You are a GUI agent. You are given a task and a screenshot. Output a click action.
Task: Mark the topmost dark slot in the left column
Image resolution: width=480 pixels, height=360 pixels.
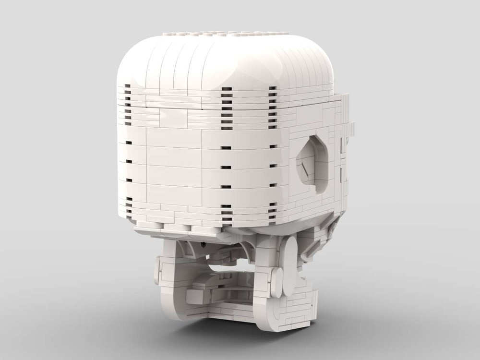pyautogui.click(x=128, y=87)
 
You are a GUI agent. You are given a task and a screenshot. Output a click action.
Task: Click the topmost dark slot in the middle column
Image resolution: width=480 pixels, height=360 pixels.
pyautogui.click(x=226, y=90)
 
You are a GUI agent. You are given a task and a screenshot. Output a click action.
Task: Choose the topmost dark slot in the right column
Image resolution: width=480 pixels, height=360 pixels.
pyautogui.click(x=273, y=88)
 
